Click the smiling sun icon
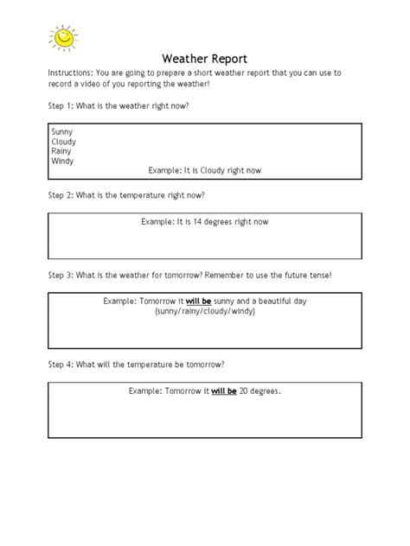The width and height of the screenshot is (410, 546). (62, 37)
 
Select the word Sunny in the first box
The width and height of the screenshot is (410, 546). (63, 131)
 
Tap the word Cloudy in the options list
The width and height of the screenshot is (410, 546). (64, 141)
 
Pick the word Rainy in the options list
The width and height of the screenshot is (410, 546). (62, 151)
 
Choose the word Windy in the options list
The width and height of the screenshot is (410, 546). (63, 161)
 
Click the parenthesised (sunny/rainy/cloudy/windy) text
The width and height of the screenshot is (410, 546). (205, 311)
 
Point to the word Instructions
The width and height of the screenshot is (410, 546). (70, 74)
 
